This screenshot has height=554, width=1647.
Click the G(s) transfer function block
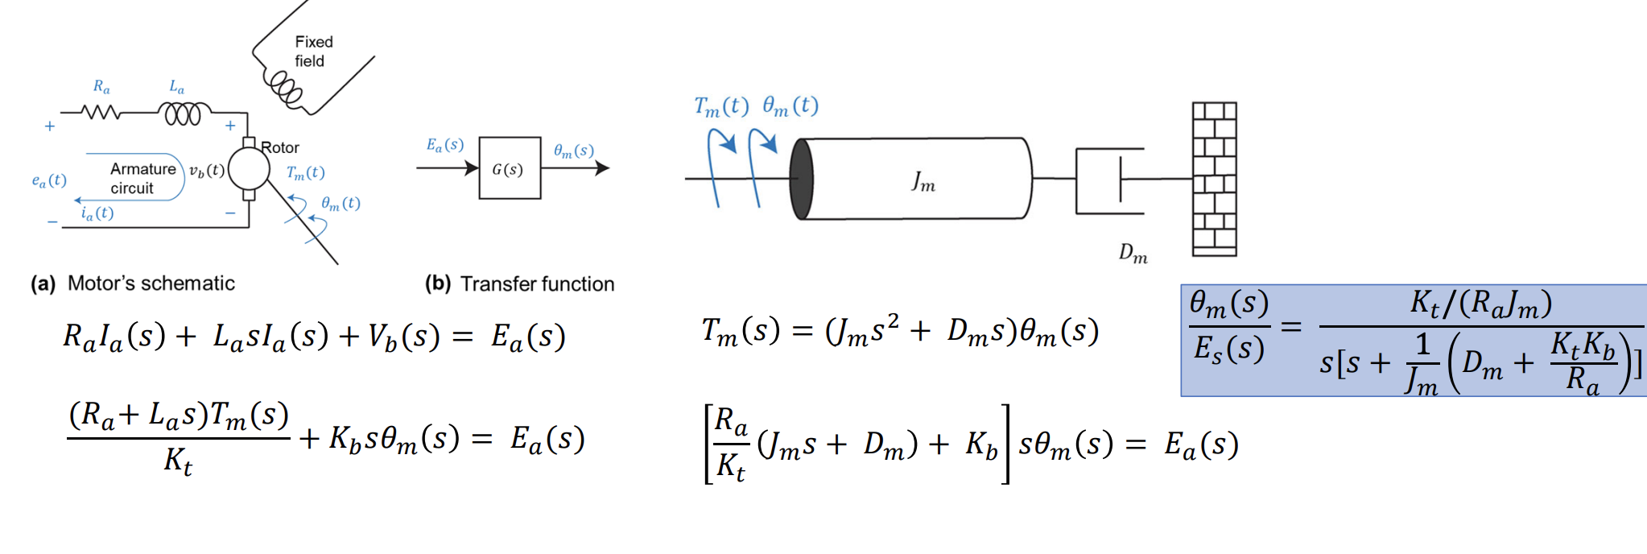click(x=510, y=168)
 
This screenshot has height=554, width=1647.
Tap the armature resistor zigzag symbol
click(x=101, y=114)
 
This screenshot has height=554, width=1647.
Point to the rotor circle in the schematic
click(x=249, y=169)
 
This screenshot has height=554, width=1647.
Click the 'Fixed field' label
click(x=313, y=51)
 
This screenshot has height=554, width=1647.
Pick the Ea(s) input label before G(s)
click(x=444, y=145)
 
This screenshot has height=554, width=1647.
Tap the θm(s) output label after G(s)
click(x=573, y=151)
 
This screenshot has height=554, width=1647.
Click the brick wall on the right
click(x=1214, y=179)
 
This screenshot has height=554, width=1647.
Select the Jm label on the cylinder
click(x=923, y=182)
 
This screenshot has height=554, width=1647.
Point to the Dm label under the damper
click(x=1133, y=254)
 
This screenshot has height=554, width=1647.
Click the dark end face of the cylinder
click(x=801, y=179)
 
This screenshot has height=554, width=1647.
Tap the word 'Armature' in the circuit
click(x=142, y=169)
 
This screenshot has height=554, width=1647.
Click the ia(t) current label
click(x=97, y=213)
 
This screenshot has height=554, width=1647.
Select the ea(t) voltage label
click(x=48, y=180)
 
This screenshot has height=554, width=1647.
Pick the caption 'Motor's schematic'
click(x=151, y=283)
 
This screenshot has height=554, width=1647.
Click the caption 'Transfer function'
click(x=537, y=284)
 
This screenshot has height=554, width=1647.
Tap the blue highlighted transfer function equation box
click(x=1413, y=341)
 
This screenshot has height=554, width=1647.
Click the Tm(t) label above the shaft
click(x=720, y=106)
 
